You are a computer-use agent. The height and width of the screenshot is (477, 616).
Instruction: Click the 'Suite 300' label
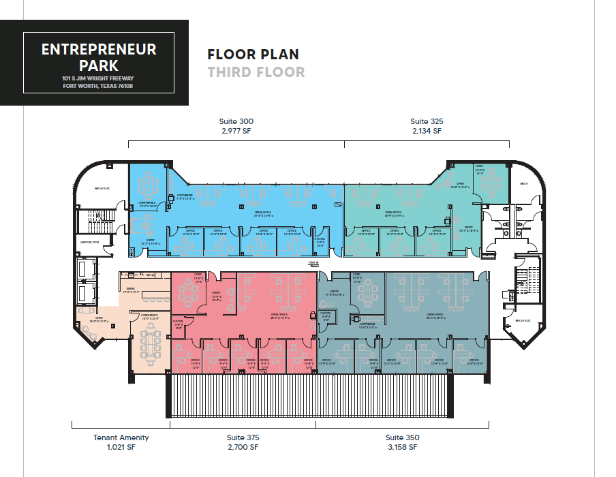click(236, 121)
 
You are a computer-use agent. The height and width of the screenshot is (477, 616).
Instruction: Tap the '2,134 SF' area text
click(427, 131)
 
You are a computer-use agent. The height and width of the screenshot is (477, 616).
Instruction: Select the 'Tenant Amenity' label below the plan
click(121, 437)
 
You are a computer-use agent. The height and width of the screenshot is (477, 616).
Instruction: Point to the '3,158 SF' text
click(402, 447)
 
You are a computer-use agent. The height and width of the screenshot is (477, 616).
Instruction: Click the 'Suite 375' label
click(243, 437)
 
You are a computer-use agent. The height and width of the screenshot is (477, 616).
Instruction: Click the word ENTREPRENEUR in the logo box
click(99, 50)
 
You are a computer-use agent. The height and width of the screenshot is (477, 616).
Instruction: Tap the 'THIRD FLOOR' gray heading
click(256, 72)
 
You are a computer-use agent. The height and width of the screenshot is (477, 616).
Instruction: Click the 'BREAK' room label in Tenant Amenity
click(130, 289)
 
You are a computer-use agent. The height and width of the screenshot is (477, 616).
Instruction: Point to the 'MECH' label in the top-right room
click(524, 183)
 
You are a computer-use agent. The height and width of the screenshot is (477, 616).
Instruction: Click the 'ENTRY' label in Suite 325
click(469, 228)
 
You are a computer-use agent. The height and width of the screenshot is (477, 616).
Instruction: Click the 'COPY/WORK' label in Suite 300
click(185, 196)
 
